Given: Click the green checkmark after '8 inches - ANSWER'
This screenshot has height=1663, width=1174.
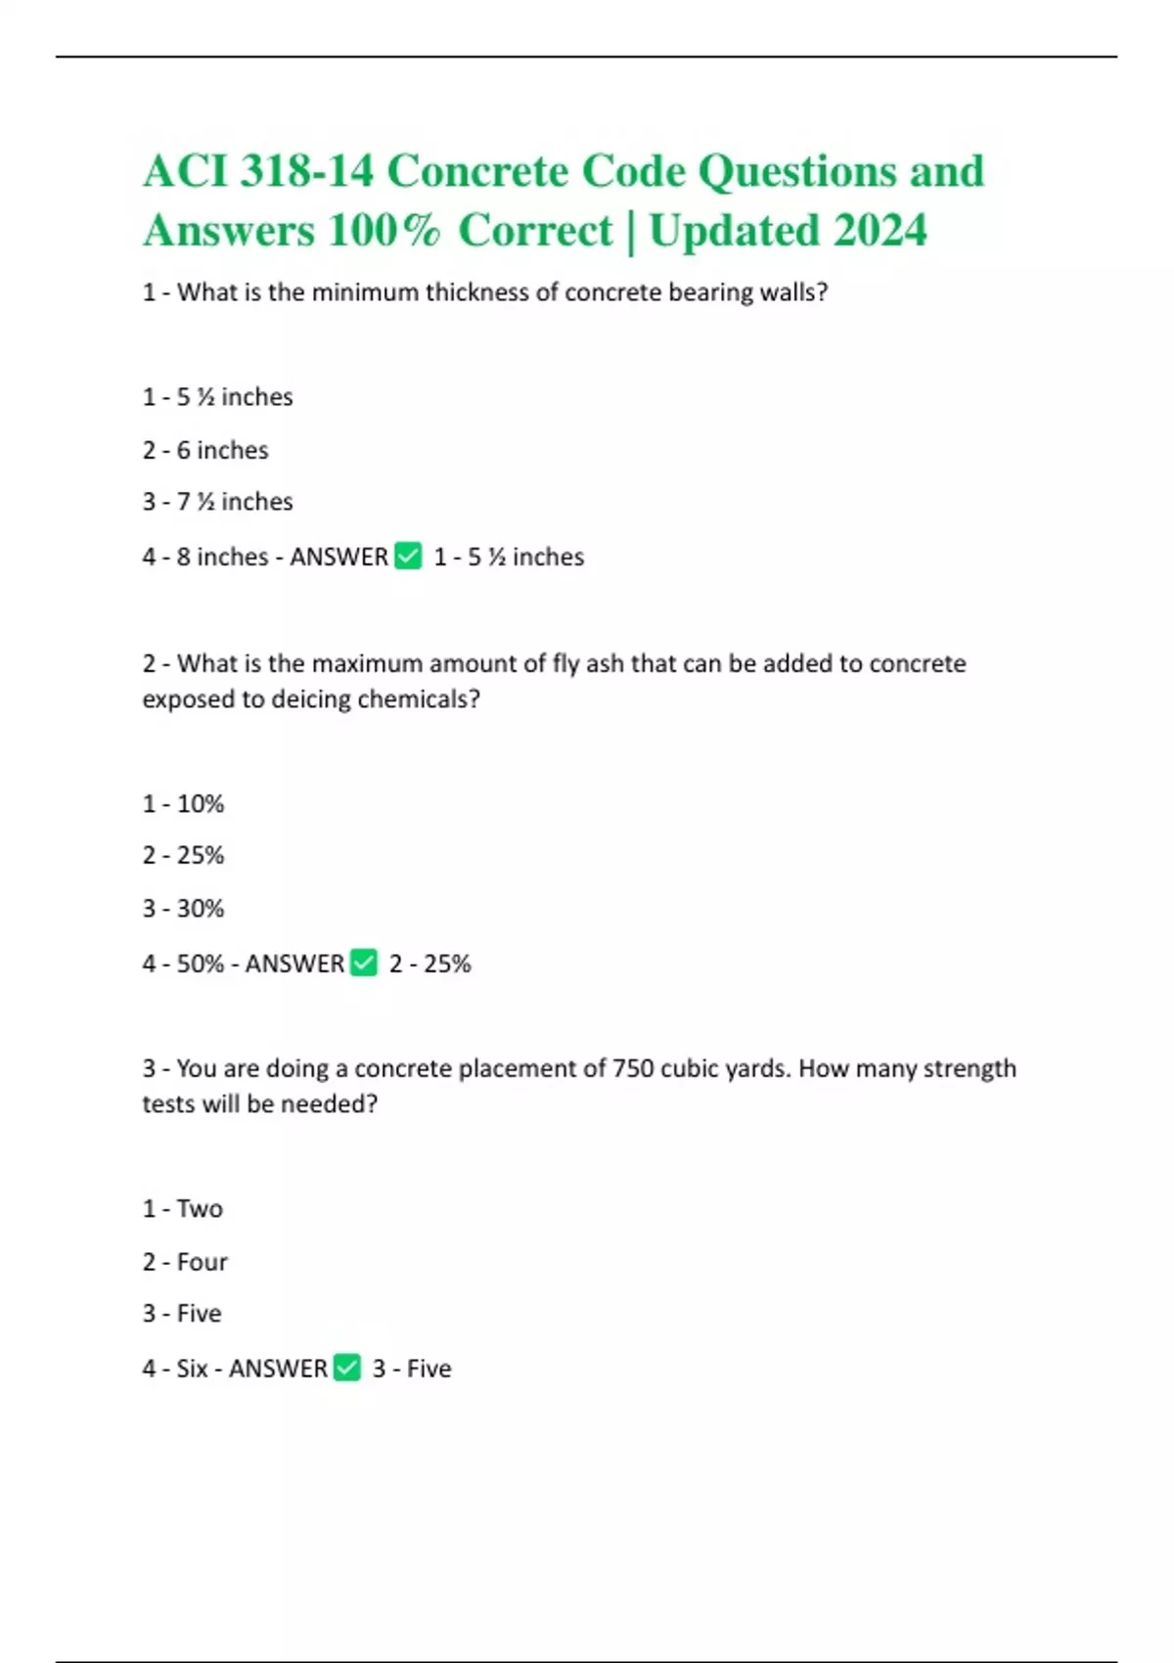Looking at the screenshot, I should (x=408, y=557).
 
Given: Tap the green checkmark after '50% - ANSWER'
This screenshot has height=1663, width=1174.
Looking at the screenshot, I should (x=364, y=964).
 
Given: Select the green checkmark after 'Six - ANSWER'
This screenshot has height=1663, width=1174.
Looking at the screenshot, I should (x=347, y=1368).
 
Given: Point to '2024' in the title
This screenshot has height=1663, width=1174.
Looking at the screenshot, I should (x=880, y=231).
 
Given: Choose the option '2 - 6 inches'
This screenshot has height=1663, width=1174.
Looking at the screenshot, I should (x=205, y=450).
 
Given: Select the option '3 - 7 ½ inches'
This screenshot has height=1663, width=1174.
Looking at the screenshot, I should (x=217, y=502).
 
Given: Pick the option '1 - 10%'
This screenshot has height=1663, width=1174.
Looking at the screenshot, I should (x=183, y=804).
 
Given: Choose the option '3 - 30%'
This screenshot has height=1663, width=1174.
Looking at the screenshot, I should (x=183, y=909).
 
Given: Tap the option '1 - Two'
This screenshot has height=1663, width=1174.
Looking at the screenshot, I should (x=183, y=1209).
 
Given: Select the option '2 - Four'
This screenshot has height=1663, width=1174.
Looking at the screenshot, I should (x=185, y=1262).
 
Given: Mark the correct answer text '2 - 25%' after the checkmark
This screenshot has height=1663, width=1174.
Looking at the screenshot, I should (x=429, y=964).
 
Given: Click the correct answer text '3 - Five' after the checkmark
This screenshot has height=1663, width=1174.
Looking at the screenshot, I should (x=412, y=1369).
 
